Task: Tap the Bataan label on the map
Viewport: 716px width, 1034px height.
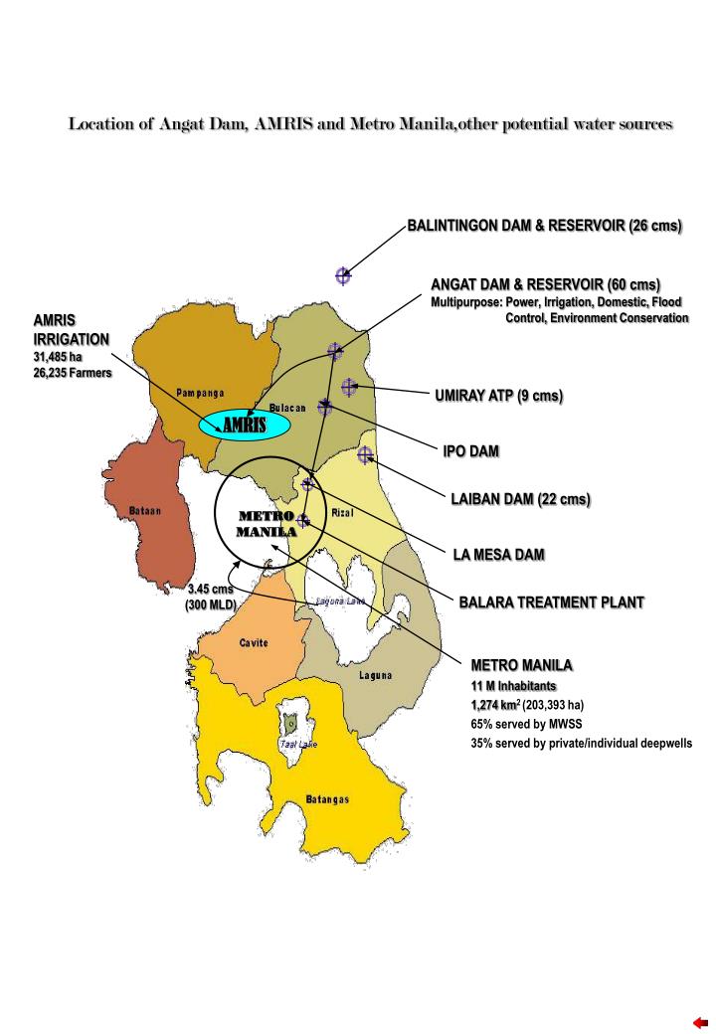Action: [x=146, y=511]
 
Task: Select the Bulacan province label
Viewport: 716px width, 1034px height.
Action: [x=287, y=409]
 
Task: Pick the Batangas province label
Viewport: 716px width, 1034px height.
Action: [x=327, y=799]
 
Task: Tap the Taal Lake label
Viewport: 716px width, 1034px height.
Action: [x=298, y=744]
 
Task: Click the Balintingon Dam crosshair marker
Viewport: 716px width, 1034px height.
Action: [x=343, y=275]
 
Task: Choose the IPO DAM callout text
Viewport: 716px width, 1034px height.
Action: [x=470, y=451]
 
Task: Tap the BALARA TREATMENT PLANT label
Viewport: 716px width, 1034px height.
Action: [x=551, y=603]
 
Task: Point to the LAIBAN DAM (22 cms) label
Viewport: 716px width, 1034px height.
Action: [x=520, y=500]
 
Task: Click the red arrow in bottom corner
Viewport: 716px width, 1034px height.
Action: [x=700, y=1022]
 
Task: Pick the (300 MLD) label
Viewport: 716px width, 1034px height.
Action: [x=211, y=603]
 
